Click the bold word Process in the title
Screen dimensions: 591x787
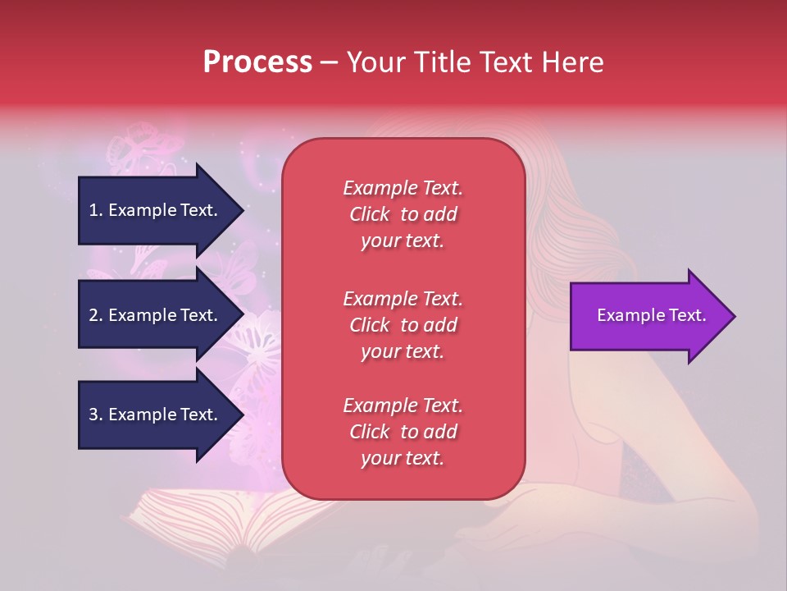[257, 62]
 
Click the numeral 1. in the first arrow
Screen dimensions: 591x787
[95, 210]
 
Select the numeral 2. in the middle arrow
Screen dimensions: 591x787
[95, 315]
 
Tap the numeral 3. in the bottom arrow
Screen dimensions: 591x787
[95, 415]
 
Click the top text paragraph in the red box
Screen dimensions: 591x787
[403, 214]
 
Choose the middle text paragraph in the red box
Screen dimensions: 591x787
[403, 325]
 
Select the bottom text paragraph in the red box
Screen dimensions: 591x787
[403, 432]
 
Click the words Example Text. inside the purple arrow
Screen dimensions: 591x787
[652, 315]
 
